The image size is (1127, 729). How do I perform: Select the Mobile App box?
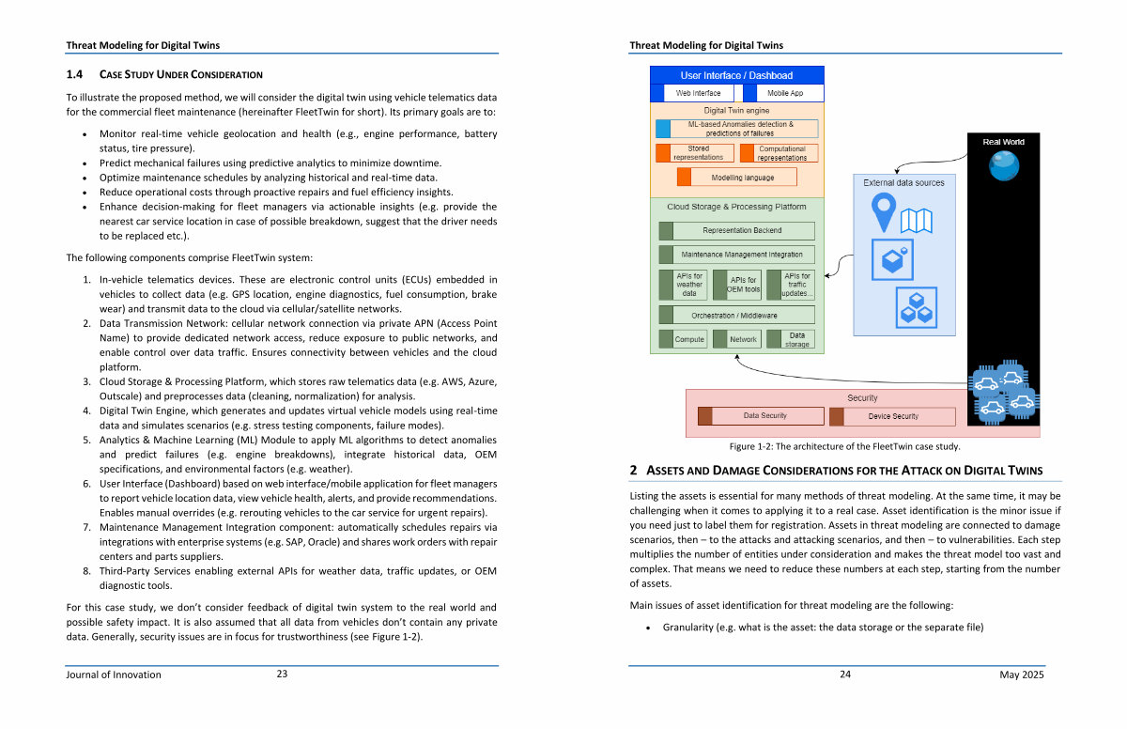coord(784,93)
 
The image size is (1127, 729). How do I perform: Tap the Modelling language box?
coord(737,178)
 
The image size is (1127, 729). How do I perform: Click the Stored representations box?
coord(695,153)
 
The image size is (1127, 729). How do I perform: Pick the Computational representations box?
coord(779,153)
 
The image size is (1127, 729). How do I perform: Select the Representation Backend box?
coord(736,230)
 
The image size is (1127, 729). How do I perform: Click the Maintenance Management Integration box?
coord(736,255)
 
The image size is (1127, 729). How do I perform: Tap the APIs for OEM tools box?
coord(737,285)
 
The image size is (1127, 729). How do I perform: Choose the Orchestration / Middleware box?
coord(736,315)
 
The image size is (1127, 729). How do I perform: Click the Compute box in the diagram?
coord(683,339)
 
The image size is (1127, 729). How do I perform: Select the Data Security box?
coord(761,416)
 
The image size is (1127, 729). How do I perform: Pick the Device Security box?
coord(892,416)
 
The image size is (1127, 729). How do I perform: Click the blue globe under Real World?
coord(1004,165)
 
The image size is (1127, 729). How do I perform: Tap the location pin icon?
coord(884,212)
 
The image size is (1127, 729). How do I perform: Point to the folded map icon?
coord(917,221)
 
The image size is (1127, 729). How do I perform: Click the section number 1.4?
coord(74,74)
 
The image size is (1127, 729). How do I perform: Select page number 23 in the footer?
coord(282,674)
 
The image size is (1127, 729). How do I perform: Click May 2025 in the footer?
coord(1022,675)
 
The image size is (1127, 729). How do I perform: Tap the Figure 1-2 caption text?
coord(844,446)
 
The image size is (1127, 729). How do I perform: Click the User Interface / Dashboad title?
coord(736,75)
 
